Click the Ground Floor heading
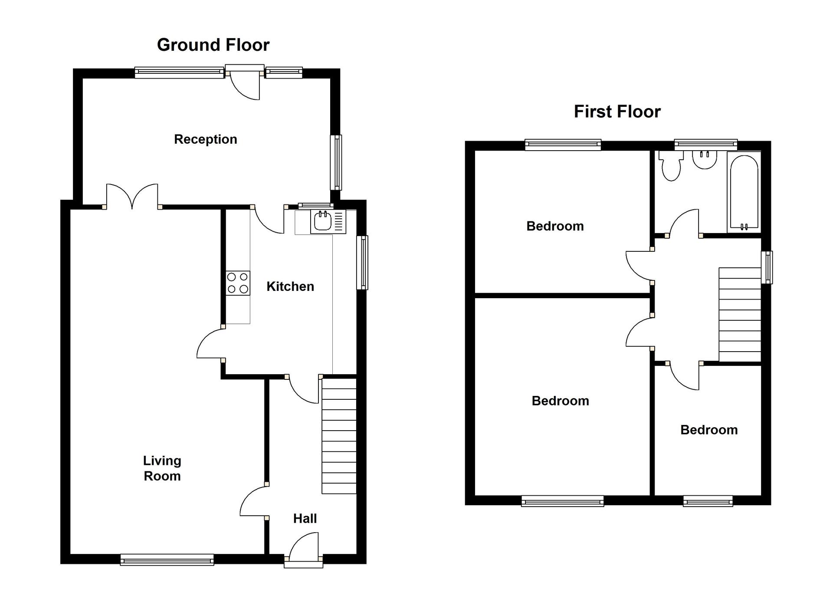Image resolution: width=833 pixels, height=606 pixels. (213, 45)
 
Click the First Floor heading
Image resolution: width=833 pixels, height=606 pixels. (617, 112)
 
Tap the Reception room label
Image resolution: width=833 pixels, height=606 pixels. (205, 139)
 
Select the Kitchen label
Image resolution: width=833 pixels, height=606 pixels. (290, 287)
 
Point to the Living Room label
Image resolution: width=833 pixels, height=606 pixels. (162, 468)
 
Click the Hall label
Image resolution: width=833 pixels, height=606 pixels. (305, 518)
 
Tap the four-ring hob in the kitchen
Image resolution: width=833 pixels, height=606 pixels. (238, 283)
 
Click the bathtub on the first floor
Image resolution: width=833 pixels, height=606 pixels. (744, 192)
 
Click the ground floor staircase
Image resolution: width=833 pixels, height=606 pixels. (339, 436)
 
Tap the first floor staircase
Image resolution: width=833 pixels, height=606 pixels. (740, 315)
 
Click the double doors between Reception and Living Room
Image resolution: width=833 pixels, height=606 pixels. (132, 197)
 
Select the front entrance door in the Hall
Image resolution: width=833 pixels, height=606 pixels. (304, 550)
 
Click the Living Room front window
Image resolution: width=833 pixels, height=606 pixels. (167, 560)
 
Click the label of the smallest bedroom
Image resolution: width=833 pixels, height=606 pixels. (708, 430)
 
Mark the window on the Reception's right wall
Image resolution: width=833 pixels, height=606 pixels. (336, 162)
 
